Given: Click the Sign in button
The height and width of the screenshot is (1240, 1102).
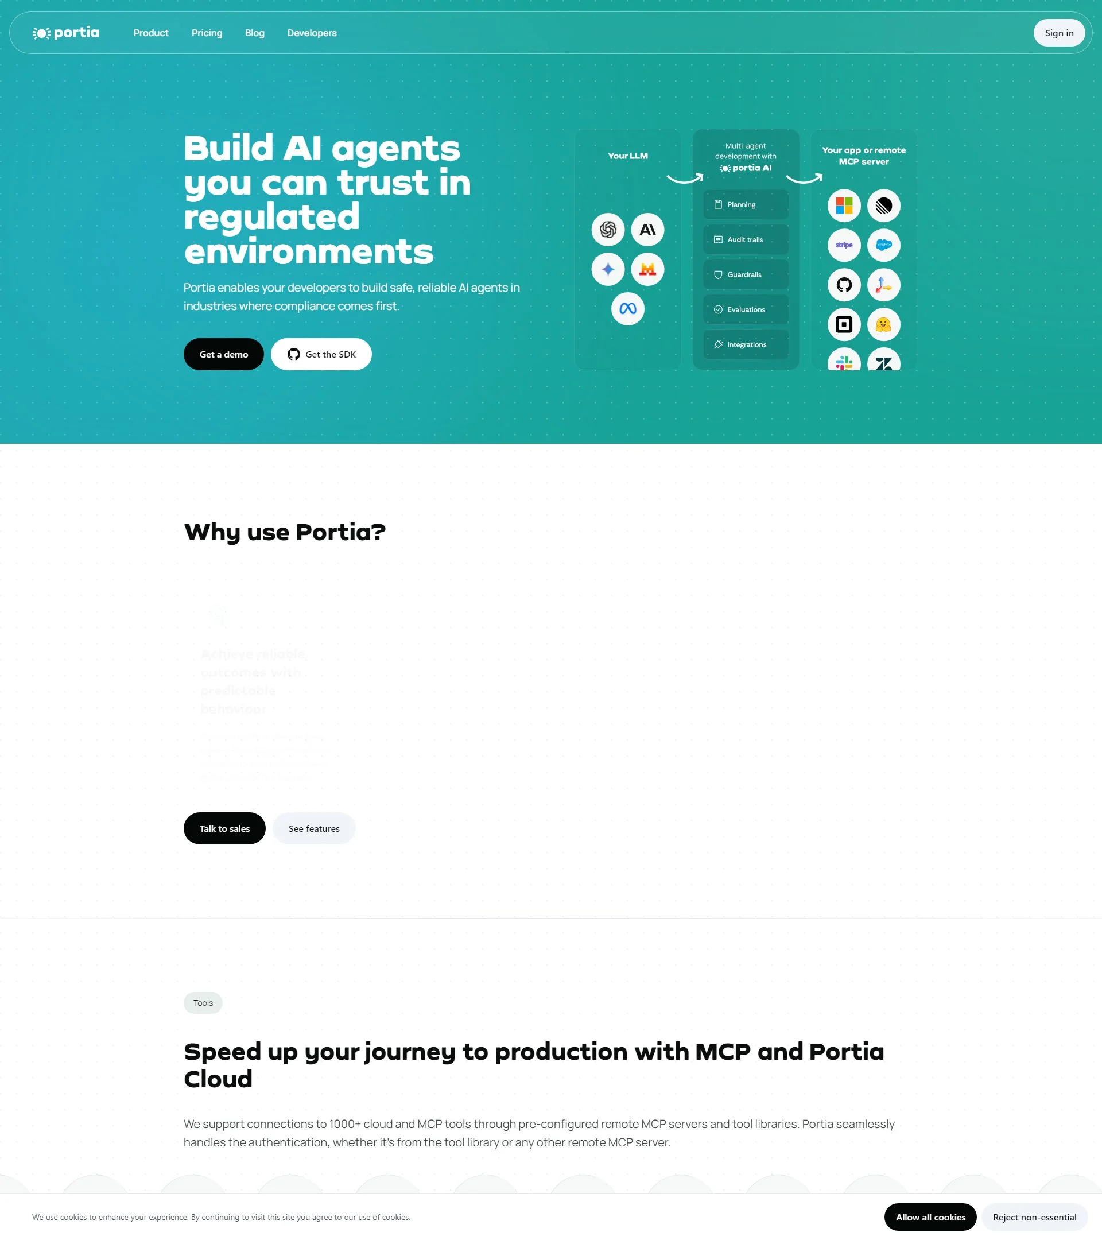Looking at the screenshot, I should tap(1058, 33).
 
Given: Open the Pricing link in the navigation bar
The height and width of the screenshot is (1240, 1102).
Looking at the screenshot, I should tap(207, 33).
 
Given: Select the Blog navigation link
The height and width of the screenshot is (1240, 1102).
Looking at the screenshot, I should tap(255, 33).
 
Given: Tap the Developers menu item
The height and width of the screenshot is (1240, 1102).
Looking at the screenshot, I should tap(312, 33).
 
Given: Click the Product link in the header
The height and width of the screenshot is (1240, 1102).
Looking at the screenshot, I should tap(151, 33).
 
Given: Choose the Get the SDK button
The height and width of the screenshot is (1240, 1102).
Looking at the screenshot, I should tap(321, 354).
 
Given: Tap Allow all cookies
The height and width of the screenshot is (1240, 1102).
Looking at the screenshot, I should tap(930, 1217).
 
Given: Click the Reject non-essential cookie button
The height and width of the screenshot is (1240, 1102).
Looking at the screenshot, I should tap(1034, 1217).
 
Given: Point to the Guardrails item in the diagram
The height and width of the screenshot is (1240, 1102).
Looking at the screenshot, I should tap(746, 275).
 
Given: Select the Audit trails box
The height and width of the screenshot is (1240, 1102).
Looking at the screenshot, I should tap(746, 239).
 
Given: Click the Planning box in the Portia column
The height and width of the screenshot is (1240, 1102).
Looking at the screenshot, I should tap(746, 205).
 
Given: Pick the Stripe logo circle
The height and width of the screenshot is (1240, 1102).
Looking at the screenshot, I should tap(844, 245).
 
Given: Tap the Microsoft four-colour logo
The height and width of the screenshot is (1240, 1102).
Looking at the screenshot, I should tap(844, 206).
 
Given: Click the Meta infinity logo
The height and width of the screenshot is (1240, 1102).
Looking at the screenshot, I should tap(627, 309).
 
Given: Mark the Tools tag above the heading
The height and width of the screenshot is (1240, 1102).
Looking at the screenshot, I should tap(203, 1003).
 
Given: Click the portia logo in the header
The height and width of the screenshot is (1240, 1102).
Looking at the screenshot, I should tap(66, 33).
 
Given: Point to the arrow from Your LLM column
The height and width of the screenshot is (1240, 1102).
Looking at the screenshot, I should tap(685, 179).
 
